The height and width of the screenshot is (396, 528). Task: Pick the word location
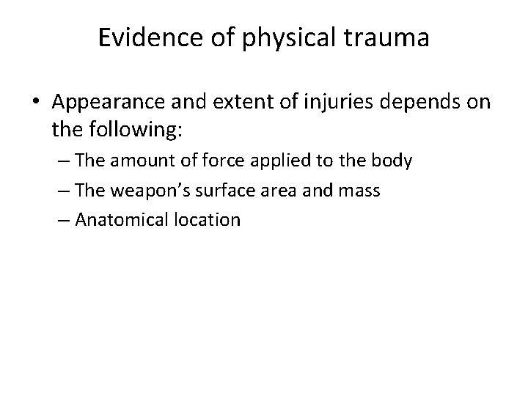pyautogui.click(x=210, y=219)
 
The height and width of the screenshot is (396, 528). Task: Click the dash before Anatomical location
pyautogui.click(x=78, y=219)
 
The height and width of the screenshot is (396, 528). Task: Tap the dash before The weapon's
pyautogui.click(x=78, y=190)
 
